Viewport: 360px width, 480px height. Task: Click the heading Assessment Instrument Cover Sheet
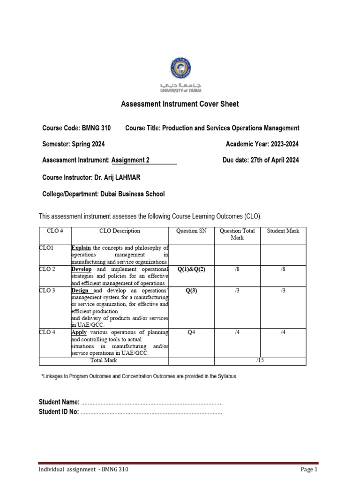(180, 104)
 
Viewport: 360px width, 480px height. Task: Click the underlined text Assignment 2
(130, 160)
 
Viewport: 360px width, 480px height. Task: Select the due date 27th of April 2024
(274, 160)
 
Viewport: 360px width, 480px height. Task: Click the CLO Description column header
(120, 231)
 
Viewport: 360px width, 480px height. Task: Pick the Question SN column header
(191, 231)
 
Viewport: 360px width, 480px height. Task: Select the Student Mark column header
(283, 231)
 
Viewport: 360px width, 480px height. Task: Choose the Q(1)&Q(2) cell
(191, 270)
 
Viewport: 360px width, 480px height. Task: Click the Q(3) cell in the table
(191, 291)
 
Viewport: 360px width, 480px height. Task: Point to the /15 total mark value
(260, 360)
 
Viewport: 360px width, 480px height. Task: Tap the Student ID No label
(59, 412)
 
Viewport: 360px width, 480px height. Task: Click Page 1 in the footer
(309, 470)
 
